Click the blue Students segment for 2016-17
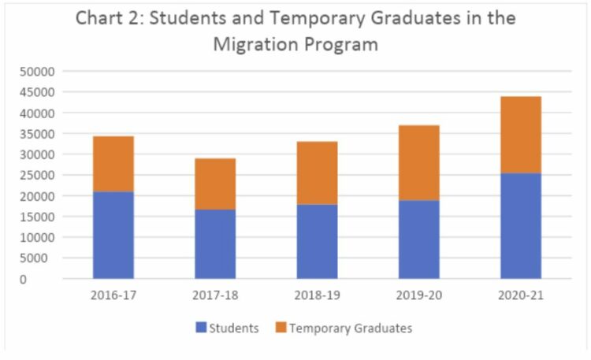[x=113, y=235]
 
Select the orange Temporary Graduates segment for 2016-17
[x=113, y=164]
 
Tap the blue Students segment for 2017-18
[x=215, y=243]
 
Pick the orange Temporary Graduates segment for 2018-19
[x=317, y=173]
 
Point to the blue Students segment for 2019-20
[x=418, y=239]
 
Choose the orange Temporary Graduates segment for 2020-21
[x=520, y=135]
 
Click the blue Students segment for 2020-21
[x=520, y=225]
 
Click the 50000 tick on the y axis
[x=34, y=72]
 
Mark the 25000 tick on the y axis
[x=34, y=175]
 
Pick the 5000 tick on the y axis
[x=37, y=258]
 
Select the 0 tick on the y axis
[x=46, y=279]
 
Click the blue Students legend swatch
[x=200, y=328]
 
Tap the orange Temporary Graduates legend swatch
[x=281, y=328]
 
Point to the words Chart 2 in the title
[x=110, y=18]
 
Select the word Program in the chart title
[x=338, y=44]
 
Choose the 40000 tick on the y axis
[x=34, y=113]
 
